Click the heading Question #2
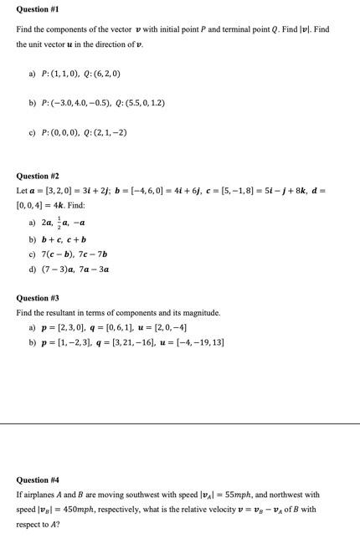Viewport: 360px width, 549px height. coord(38,177)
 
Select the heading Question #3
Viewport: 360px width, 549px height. coord(38,298)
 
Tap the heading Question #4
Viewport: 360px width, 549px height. coord(38,480)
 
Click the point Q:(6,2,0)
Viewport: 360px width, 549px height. coord(100,74)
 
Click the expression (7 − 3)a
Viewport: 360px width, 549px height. coord(58,269)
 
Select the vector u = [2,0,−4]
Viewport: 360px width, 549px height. coord(164,327)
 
